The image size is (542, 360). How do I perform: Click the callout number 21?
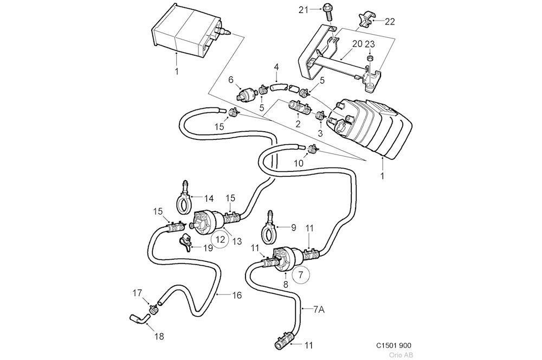[302, 9]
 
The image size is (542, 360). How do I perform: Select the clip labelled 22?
[364, 20]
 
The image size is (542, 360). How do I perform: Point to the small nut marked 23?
[369, 59]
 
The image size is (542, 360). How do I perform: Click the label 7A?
[319, 310]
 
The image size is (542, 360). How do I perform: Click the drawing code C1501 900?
[394, 345]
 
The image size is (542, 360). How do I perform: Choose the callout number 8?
[286, 283]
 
